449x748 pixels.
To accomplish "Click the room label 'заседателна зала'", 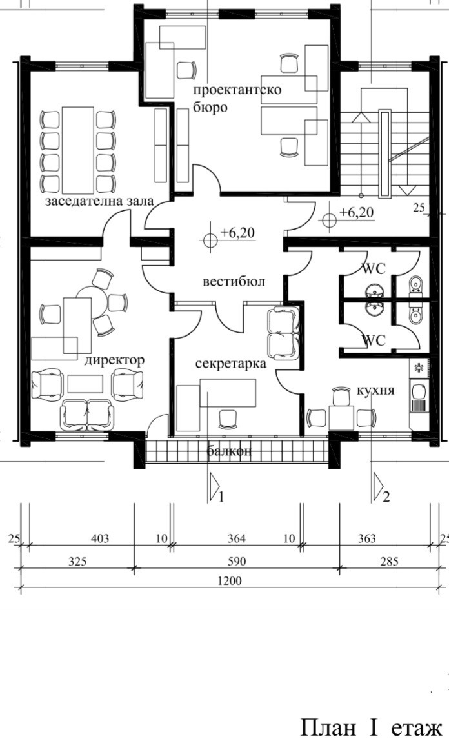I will coord(99,201).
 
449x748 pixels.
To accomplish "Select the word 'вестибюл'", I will coord(234,282).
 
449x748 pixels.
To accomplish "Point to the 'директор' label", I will coord(115,359).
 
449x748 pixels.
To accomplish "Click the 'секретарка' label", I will coord(232,364).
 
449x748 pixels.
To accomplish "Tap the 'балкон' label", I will coord(229,451).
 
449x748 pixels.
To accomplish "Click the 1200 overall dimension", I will coord(230,581).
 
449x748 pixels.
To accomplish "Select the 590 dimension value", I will coord(237,562).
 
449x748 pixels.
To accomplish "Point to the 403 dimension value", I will coord(100,538).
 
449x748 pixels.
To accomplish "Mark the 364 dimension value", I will coord(237,538).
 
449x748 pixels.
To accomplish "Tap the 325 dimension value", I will coord(78,562).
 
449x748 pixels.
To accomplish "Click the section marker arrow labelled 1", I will coord(214,489).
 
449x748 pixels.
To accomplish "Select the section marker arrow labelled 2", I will coord(379,489).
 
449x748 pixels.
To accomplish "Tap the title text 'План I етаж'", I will coord(370,728).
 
